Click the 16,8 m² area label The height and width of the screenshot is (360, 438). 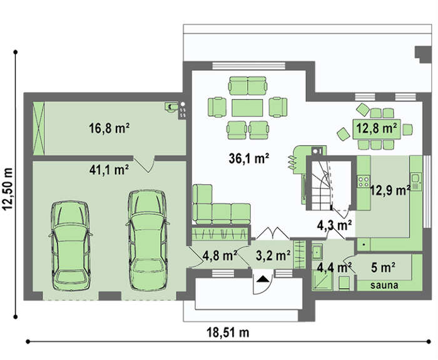point(109,128)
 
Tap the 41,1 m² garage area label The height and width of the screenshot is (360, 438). point(109,170)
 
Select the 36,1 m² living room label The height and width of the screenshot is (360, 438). point(249,158)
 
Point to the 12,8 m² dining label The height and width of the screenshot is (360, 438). point(377,128)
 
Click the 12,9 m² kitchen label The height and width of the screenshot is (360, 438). point(390,190)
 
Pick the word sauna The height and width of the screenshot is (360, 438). point(384,285)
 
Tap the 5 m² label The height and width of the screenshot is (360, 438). point(383,268)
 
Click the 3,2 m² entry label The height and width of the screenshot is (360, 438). point(273,255)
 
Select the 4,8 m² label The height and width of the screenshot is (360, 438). point(220,255)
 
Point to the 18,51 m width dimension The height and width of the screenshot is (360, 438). point(228,332)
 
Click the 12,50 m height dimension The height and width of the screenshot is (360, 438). point(8,188)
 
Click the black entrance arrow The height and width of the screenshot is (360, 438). point(263,279)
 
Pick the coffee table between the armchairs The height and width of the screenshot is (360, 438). point(247,108)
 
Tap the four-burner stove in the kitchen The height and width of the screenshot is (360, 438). point(364,181)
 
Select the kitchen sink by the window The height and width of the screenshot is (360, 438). point(416,182)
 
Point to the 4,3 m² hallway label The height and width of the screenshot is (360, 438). point(334,225)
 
